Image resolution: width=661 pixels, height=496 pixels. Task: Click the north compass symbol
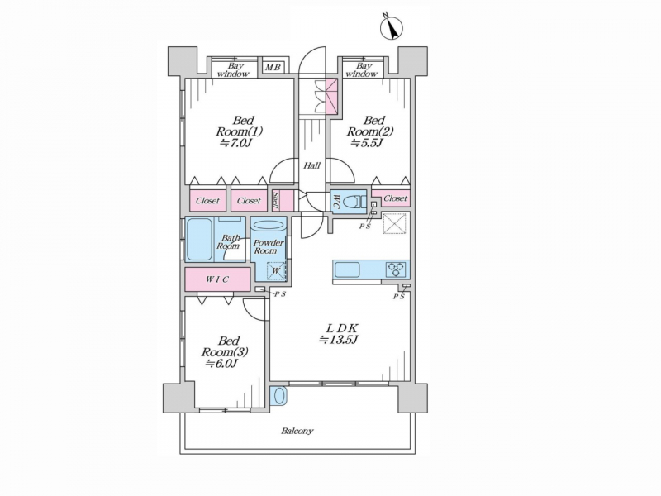(392, 27)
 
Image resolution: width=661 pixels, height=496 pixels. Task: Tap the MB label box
(273, 68)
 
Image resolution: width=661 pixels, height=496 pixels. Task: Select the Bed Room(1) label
(240, 126)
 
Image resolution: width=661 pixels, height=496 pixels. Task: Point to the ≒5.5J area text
(366, 143)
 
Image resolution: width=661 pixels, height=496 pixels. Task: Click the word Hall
(312, 166)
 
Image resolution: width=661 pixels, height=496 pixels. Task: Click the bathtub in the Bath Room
(200, 239)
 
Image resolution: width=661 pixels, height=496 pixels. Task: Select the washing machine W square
(277, 270)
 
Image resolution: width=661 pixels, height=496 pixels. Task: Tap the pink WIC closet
(217, 279)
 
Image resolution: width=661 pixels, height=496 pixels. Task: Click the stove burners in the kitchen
(396, 269)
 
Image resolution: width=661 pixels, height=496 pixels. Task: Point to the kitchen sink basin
(346, 269)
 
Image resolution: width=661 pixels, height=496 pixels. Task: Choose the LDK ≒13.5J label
(339, 334)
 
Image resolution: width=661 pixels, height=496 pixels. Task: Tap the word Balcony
(297, 431)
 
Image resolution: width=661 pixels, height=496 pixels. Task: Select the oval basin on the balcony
(278, 396)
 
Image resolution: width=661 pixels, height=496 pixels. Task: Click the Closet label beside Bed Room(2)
(396, 198)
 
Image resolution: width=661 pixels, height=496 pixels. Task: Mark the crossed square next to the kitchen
(395, 223)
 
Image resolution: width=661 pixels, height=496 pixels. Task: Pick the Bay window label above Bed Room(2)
(363, 70)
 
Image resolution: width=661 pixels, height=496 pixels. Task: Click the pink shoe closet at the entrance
(332, 96)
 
